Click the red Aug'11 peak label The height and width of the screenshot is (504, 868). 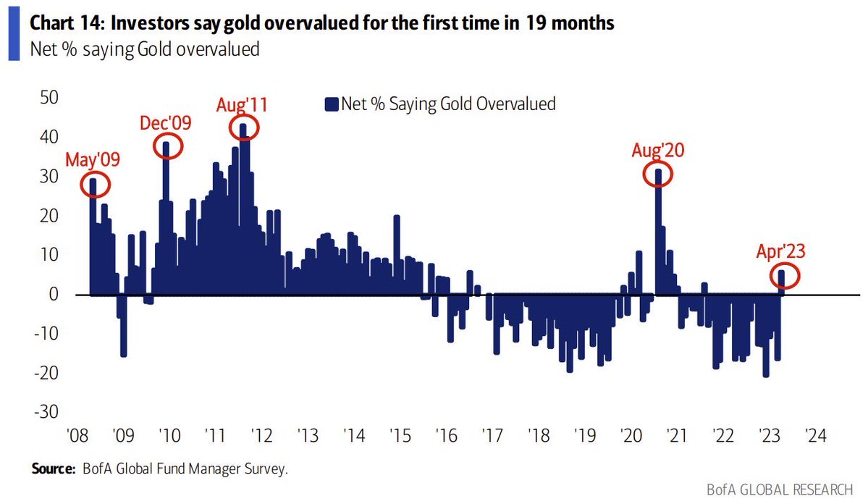click(x=242, y=104)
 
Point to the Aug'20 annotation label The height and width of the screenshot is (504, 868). click(x=658, y=151)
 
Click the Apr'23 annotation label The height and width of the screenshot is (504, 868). click(x=781, y=251)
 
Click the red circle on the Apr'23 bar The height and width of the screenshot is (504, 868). click(x=786, y=276)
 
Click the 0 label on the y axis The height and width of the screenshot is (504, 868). click(x=54, y=294)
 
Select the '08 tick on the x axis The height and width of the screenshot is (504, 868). click(x=77, y=437)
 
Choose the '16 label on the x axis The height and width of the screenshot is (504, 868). click(x=444, y=437)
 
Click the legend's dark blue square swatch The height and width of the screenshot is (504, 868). click(x=332, y=104)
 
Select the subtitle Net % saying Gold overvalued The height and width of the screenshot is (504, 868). click(x=144, y=50)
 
